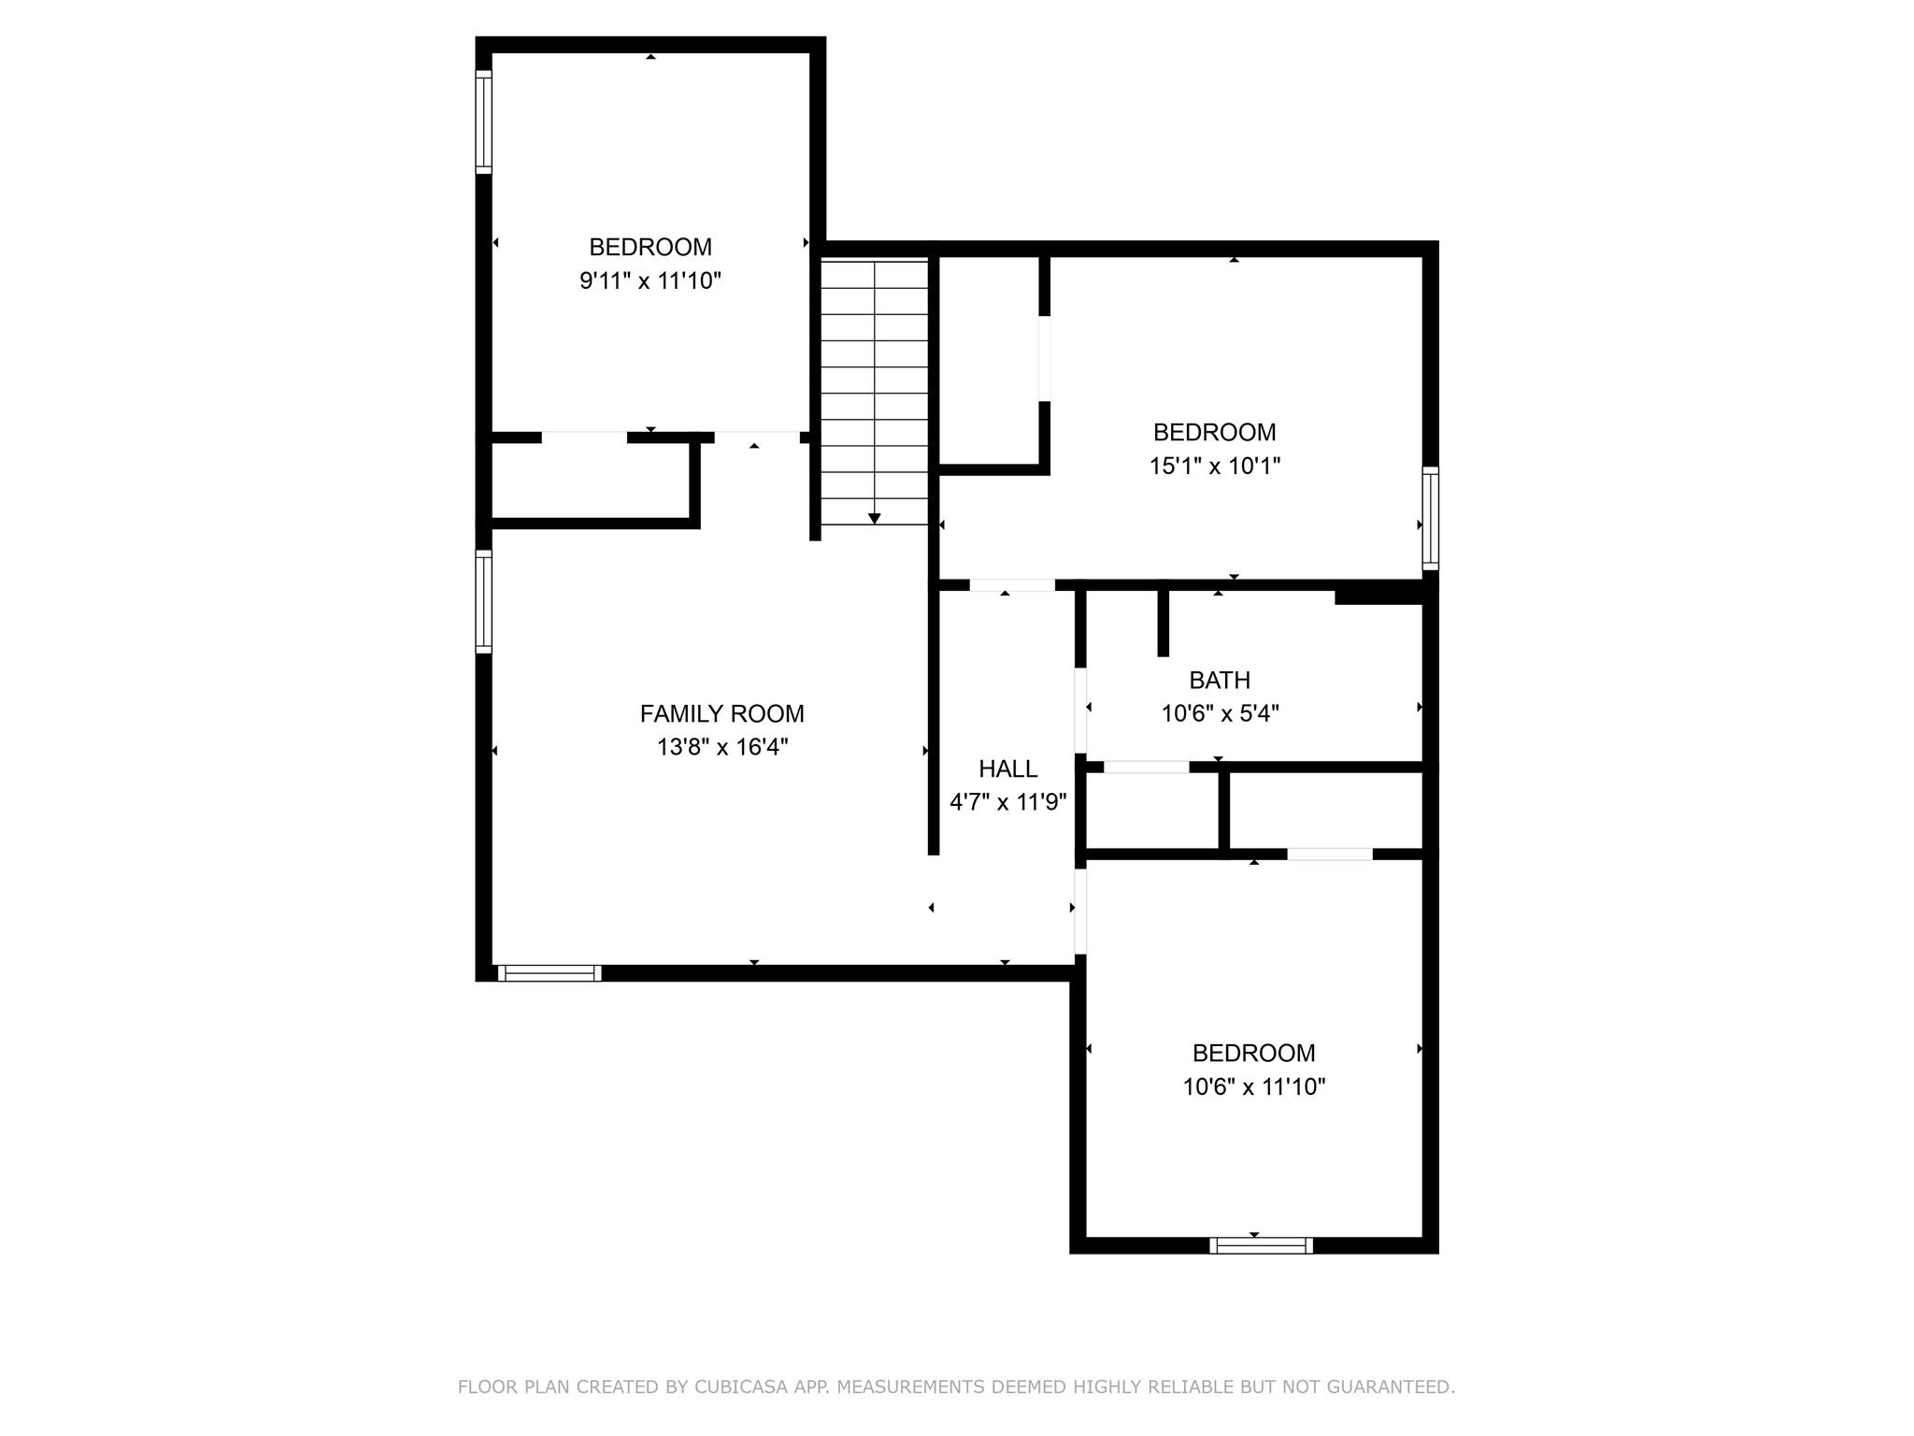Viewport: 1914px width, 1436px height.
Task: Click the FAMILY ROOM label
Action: point(721,713)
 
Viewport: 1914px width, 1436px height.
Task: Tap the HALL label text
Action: point(1007,768)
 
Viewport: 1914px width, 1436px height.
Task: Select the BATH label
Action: point(1219,680)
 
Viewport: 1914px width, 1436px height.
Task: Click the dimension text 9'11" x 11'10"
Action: point(650,280)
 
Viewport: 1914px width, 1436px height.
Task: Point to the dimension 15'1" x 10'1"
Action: point(1214,466)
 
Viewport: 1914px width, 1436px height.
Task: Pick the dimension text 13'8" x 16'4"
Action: point(721,747)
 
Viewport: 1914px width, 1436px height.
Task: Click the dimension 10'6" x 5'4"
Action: point(1219,713)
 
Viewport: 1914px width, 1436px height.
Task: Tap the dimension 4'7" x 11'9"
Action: point(1007,802)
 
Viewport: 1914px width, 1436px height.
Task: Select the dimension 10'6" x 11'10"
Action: point(1253,1086)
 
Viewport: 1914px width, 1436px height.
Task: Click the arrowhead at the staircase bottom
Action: point(875,518)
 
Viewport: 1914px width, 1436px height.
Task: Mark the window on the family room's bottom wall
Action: point(550,973)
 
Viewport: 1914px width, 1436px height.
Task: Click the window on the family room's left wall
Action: point(483,601)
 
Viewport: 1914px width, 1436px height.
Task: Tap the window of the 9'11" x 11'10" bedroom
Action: point(483,122)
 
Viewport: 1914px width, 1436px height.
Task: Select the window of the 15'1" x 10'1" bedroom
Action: point(1430,518)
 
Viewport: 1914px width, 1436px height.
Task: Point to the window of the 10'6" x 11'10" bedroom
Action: point(1261,1245)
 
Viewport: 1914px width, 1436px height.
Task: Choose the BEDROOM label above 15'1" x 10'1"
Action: point(1214,432)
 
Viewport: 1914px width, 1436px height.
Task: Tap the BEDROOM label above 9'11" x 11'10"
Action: point(650,247)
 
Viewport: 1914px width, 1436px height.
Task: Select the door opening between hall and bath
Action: point(1080,710)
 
